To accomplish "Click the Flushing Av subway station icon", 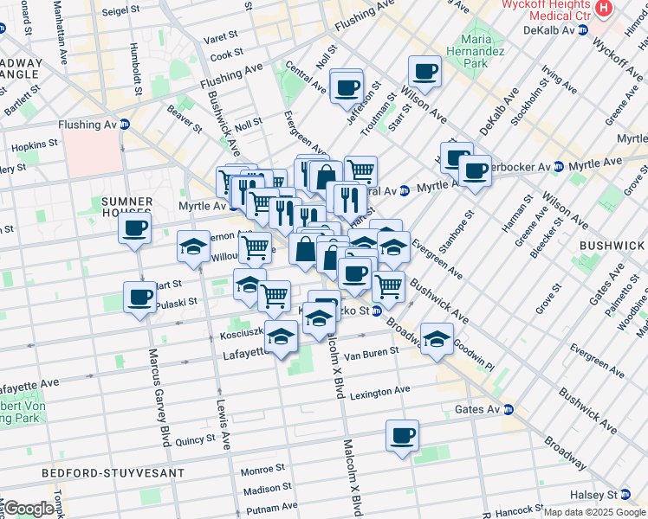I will click(x=124, y=125).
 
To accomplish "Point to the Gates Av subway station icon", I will click(x=509, y=409).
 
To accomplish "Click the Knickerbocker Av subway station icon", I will click(x=558, y=165).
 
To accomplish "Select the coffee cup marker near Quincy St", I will click(x=402, y=436).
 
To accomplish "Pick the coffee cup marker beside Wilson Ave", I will click(x=424, y=72).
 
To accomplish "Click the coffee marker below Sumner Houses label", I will click(x=135, y=229).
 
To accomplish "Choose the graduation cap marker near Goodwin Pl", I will click(x=437, y=338).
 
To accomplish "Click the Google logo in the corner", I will click(x=29, y=509).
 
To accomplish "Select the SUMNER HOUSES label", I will click(x=126, y=207).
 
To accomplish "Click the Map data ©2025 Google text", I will click(x=594, y=512).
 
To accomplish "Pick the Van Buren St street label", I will click(x=371, y=352).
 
